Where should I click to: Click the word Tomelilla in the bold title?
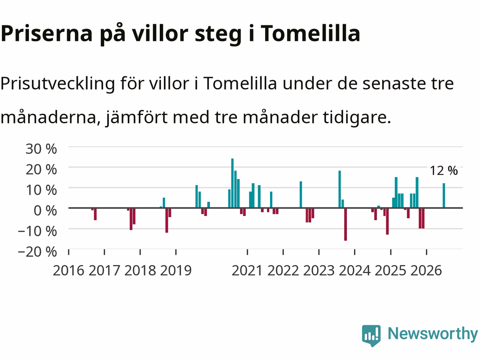(x=310, y=33)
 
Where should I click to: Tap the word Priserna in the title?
(x=46, y=33)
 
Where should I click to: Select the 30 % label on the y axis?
(x=41, y=149)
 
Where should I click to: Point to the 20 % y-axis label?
(x=41, y=169)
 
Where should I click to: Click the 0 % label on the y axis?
(x=45, y=210)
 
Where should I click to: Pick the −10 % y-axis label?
(x=37, y=231)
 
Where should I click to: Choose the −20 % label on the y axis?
(x=37, y=252)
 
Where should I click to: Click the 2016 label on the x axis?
(x=69, y=271)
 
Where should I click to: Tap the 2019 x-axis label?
(x=176, y=271)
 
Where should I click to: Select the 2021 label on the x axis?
(x=247, y=271)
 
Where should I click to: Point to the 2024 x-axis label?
(x=355, y=271)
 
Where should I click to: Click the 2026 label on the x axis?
(x=426, y=271)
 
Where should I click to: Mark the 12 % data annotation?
(x=444, y=171)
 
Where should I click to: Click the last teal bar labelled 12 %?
(x=444, y=195)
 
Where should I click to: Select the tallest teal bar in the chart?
(x=232, y=183)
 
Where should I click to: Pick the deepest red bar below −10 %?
(x=345, y=225)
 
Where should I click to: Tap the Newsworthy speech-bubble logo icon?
(x=371, y=336)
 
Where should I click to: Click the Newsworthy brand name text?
(x=433, y=334)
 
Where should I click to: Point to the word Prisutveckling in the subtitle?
(x=58, y=84)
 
